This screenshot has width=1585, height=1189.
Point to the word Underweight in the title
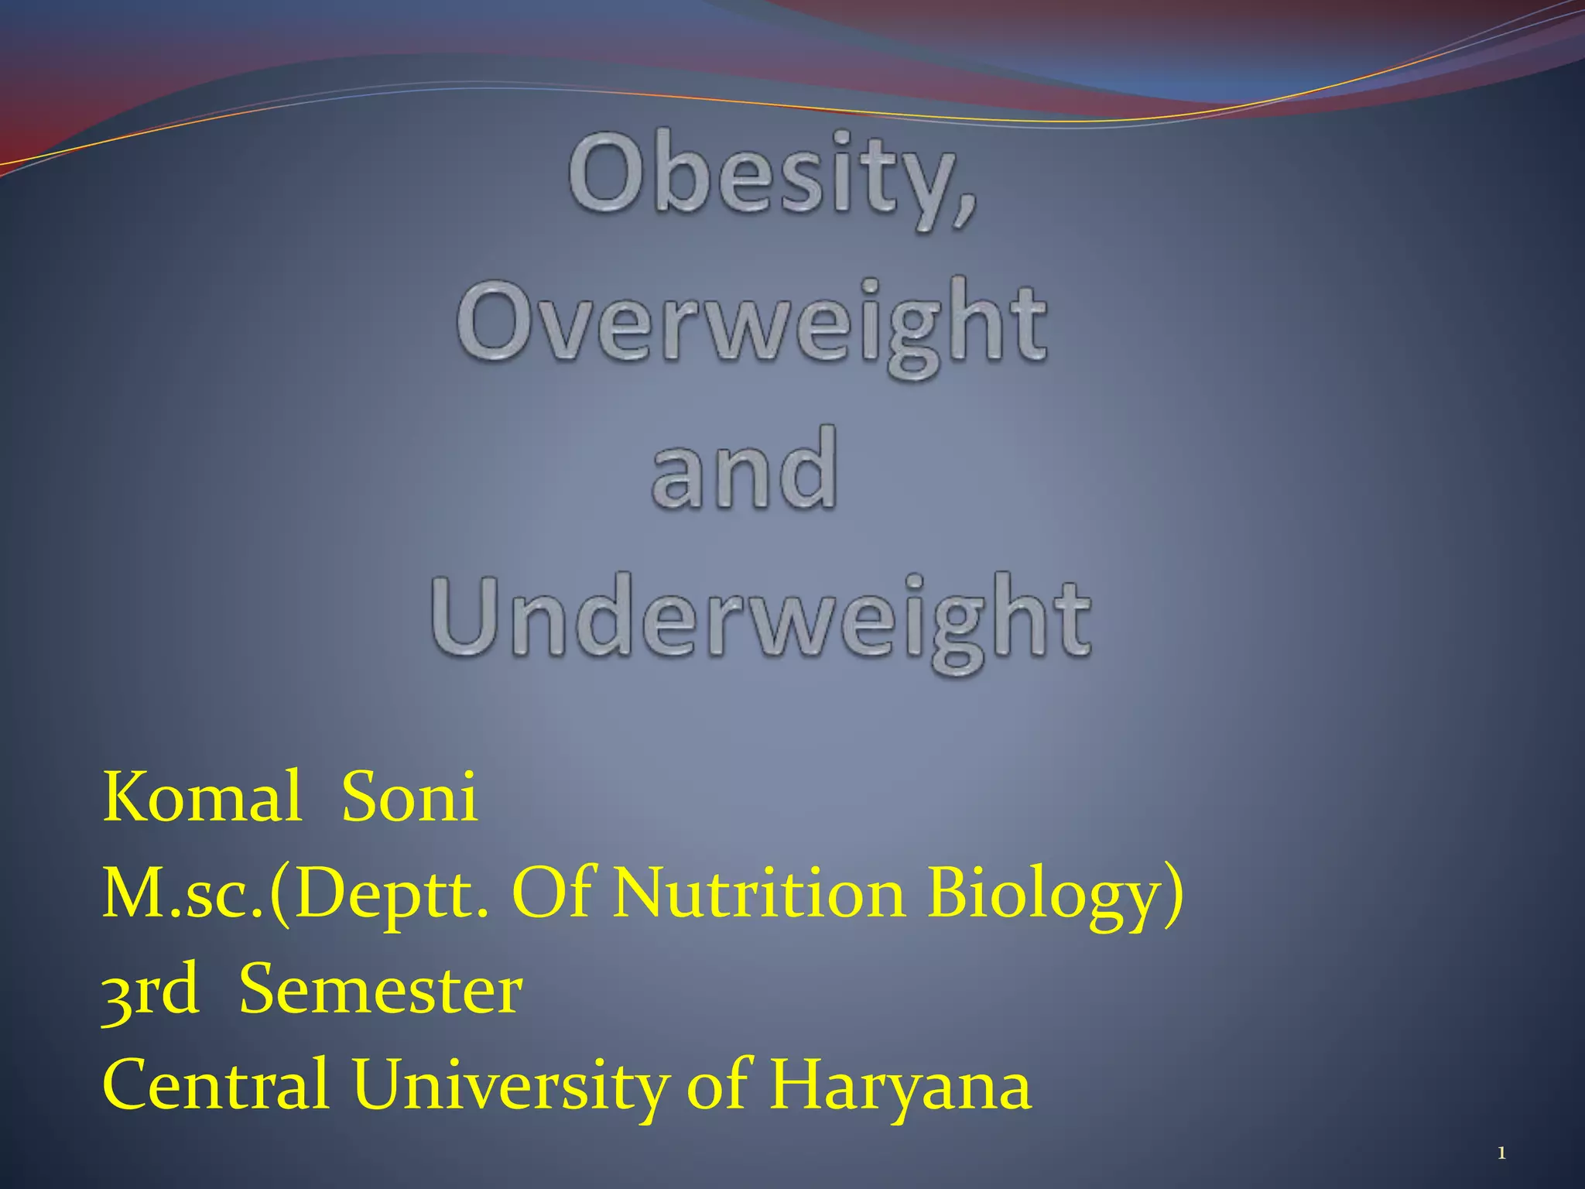tap(761, 619)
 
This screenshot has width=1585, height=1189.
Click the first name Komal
tap(202, 797)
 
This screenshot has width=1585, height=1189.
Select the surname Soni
tap(409, 797)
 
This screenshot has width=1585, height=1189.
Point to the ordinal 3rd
tap(150, 992)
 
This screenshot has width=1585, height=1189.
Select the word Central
tap(216, 1085)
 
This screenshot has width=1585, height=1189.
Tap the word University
tap(510, 1087)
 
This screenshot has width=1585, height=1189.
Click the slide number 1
tap(1501, 1154)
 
